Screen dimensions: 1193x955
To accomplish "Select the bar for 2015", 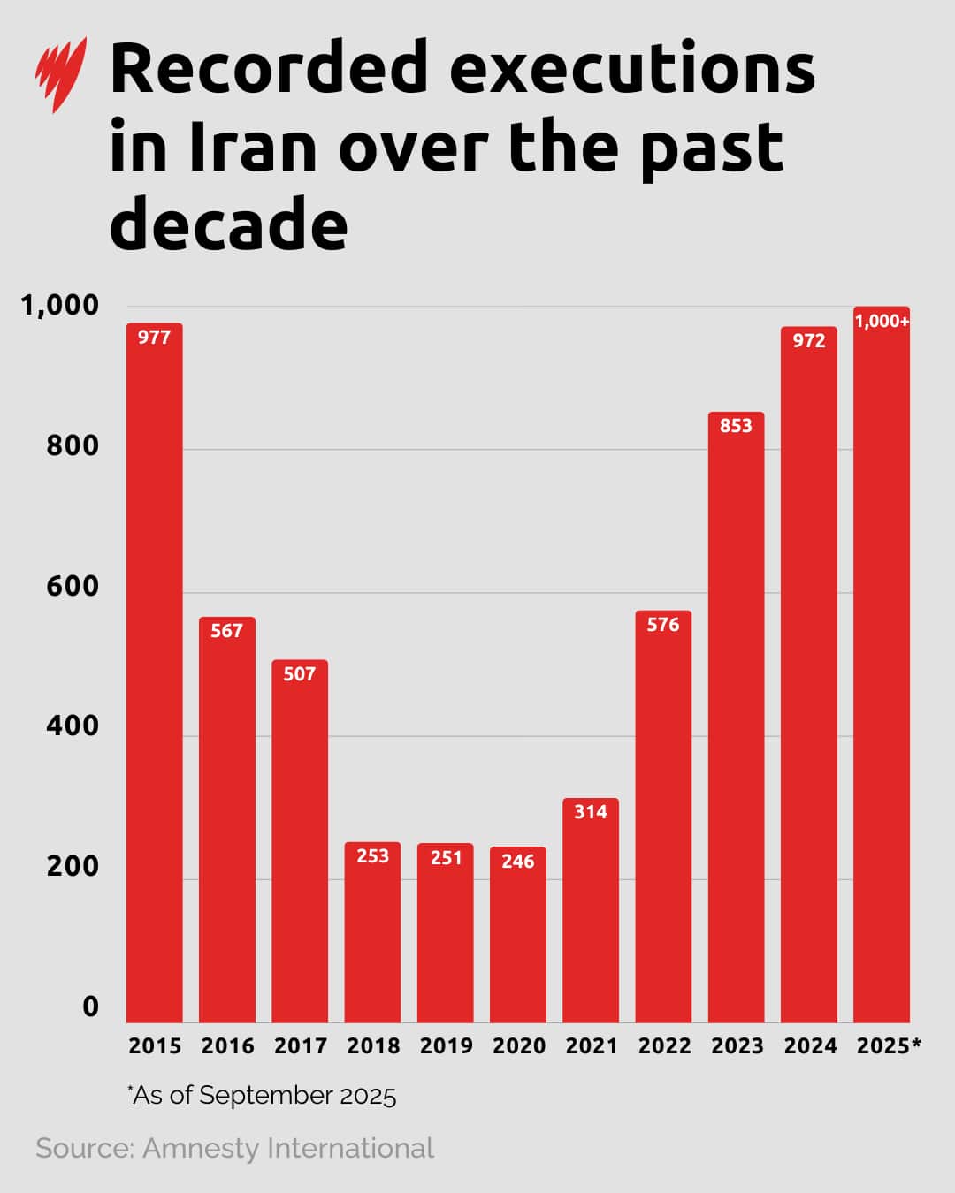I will pyautogui.click(x=155, y=672).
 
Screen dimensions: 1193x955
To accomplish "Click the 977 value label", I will pyautogui.click(x=155, y=337).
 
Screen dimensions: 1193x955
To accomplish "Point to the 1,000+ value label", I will pyautogui.click(x=882, y=321).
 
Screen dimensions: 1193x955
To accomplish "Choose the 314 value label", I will pyautogui.click(x=591, y=811).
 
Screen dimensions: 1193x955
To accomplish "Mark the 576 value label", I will pyautogui.click(x=663, y=624).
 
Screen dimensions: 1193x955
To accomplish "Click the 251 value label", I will pyautogui.click(x=446, y=857).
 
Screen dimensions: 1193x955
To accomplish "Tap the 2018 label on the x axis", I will pyautogui.click(x=373, y=1046).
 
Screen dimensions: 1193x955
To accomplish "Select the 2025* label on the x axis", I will pyautogui.click(x=889, y=1046).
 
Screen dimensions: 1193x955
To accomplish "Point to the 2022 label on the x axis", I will pyautogui.click(x=664, y=1046).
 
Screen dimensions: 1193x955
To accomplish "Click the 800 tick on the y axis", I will pyautogui.click(x=73, y=445).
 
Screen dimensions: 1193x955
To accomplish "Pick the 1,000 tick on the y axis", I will pyautogui.click(x=60, y=306).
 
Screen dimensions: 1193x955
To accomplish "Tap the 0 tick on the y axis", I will pyautogui.click(x=90, y=1007).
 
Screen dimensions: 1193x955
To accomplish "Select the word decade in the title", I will pyautogui.click(x=228, y=224).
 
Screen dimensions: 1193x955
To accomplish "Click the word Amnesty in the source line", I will pyautogui.click(x=201, y=1148).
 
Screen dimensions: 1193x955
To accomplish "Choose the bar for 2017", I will pyautogui.click(x=300, y=840).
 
